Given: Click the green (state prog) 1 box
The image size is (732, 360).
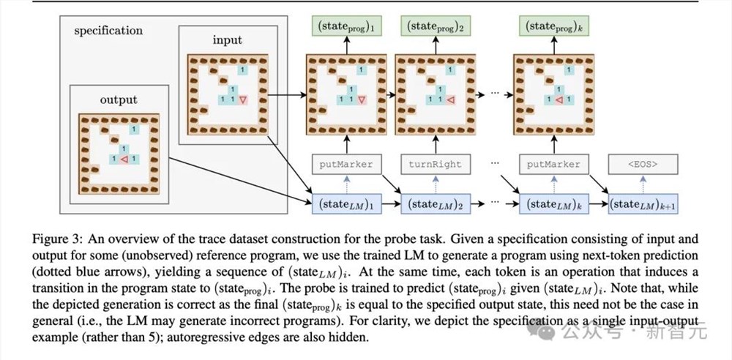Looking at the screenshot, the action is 346,26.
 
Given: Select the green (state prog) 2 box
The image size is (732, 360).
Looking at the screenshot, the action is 436,26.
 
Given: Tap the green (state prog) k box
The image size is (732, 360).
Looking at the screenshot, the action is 554,26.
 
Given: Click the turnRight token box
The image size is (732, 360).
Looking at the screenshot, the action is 436,165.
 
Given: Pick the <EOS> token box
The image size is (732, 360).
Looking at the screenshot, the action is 643,165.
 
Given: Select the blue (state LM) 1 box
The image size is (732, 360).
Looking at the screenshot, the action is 346,203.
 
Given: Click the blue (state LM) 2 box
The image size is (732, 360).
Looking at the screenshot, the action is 436,203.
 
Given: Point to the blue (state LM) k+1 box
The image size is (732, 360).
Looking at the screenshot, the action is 643,203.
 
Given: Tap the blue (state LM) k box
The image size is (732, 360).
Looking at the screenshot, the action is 554,203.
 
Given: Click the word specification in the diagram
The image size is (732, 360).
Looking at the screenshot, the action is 108,31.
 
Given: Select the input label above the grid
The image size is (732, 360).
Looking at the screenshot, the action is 228,41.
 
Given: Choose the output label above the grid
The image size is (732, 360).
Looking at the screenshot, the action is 119,100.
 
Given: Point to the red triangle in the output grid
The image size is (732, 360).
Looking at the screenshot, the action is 124,160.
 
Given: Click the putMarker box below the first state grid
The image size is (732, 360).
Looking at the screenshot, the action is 346,165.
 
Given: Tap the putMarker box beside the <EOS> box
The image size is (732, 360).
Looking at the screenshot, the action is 554,165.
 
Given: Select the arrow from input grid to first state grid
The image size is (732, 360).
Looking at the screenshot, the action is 288,95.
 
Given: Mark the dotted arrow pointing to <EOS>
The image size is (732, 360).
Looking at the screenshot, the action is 643,184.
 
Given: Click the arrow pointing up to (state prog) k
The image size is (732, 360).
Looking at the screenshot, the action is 554,45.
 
